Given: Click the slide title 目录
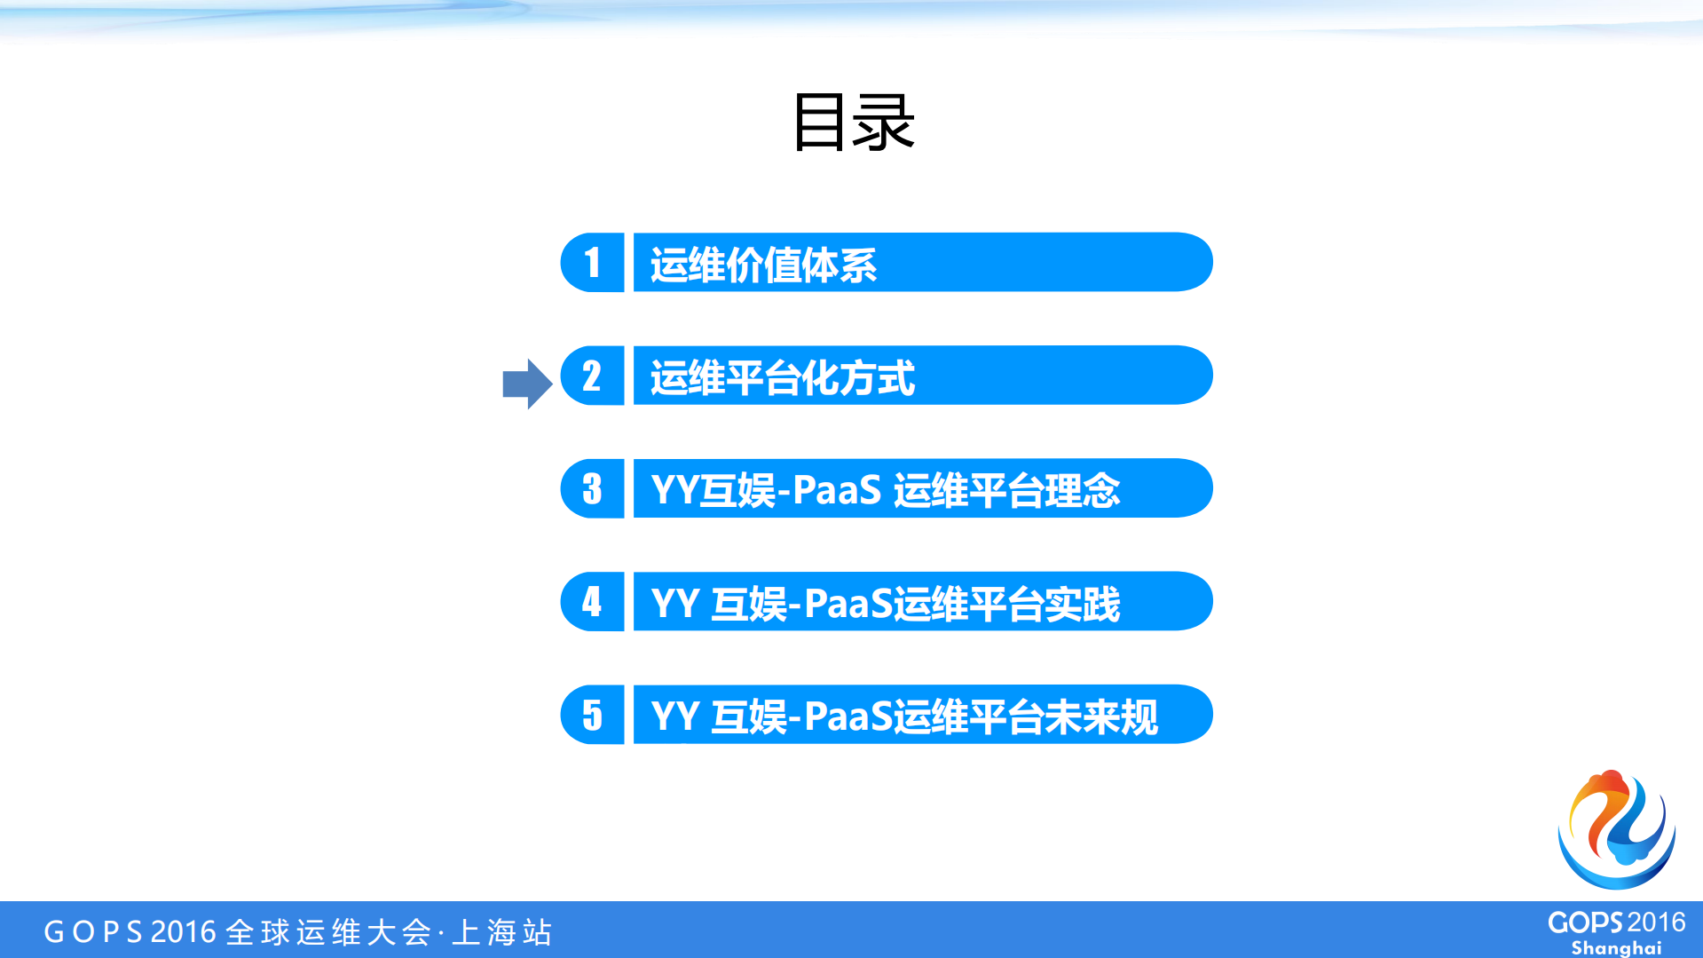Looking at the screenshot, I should [x=853, y=123].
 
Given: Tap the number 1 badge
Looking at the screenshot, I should [x=592, y=263].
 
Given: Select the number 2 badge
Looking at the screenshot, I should [x=592, y=376].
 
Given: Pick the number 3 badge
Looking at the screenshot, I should [x=592, y=488].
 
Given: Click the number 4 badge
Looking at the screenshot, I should [x=592, y=602].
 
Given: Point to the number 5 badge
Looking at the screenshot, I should [x=592, y=715].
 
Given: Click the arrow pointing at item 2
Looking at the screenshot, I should [x=527, y=384].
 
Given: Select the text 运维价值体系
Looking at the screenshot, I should [x=763, y=265].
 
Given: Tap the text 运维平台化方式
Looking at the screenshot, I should [x=782, y=377].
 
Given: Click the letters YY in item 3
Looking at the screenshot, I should [x=674, y=490].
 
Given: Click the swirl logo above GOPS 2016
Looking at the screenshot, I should [x=1616, y=829].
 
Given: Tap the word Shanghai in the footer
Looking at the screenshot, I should [x=1616, y=947].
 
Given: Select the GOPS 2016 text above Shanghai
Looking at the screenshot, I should [x=1616, y=922].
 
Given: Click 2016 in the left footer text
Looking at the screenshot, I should [x=184, y=932].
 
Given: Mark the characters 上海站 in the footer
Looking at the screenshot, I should [x=502, y=932].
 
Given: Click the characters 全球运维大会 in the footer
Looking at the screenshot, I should [x=328, y=932].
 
